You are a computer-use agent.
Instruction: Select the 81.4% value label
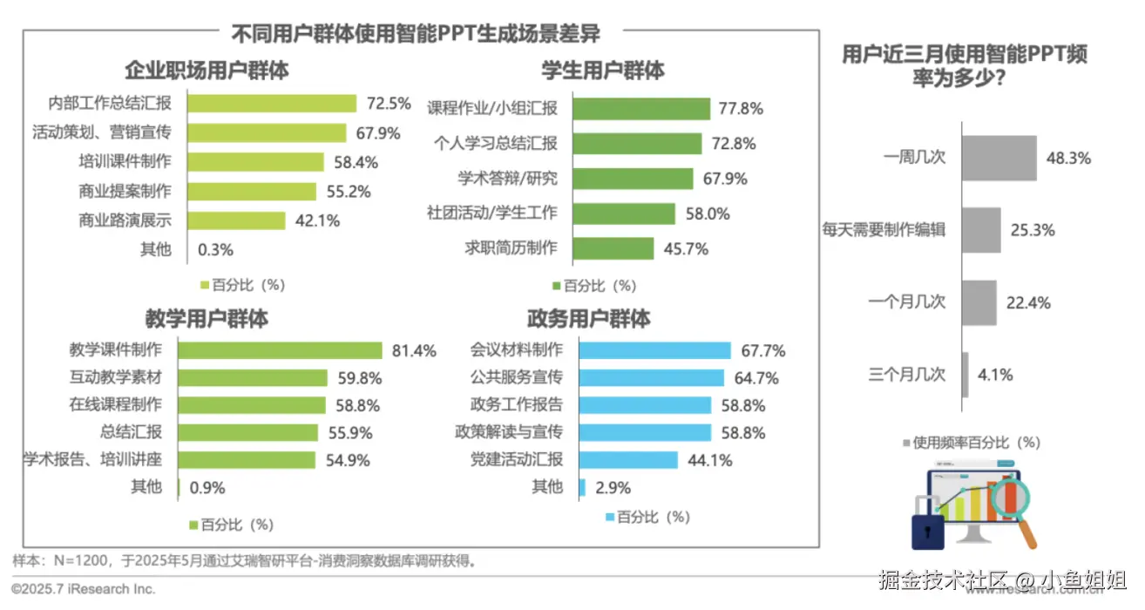click(414, 351)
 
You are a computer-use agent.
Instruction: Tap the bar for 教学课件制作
click(280, 350)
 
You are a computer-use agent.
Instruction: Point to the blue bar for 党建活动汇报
click(628, 460)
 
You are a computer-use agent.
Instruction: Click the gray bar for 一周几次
click(999, 158)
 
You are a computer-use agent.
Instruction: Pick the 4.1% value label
click(994, 376)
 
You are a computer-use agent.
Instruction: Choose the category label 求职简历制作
click(511, 248)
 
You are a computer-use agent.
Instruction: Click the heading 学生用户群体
click(602, 70)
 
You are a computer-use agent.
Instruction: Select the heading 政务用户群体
click(588, 318)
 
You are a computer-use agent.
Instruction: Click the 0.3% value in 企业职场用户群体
click(216, 250)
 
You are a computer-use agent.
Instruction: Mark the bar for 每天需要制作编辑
click(980, 230)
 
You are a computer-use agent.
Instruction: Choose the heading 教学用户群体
click(207, 318)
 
